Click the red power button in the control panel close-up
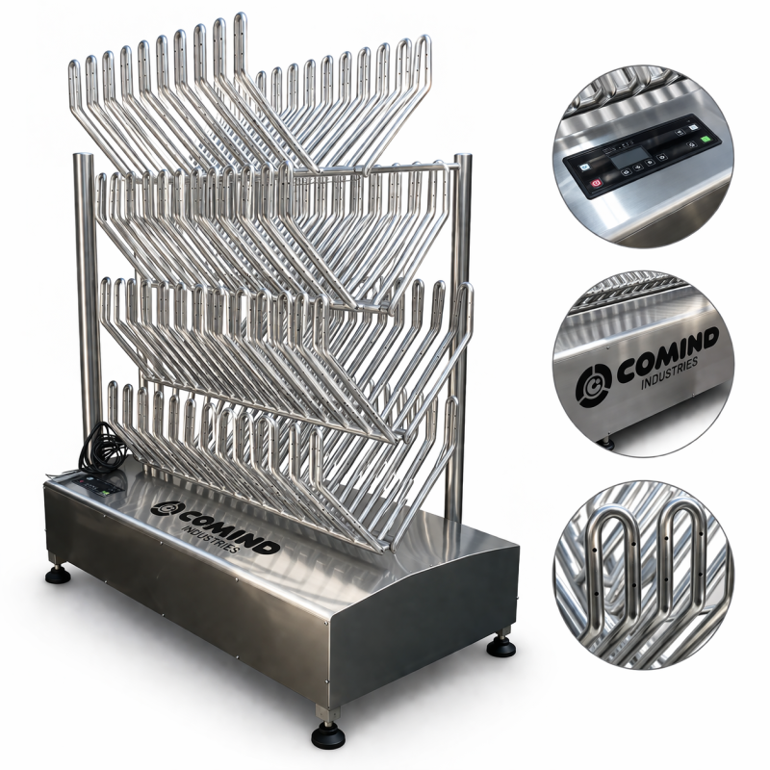[x=596, y=183]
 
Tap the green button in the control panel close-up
[x=706, y=138]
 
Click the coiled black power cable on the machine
[x=102, y=448]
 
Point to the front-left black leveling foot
[x=58, y=573]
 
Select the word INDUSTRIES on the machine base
[x=211, y=540]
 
